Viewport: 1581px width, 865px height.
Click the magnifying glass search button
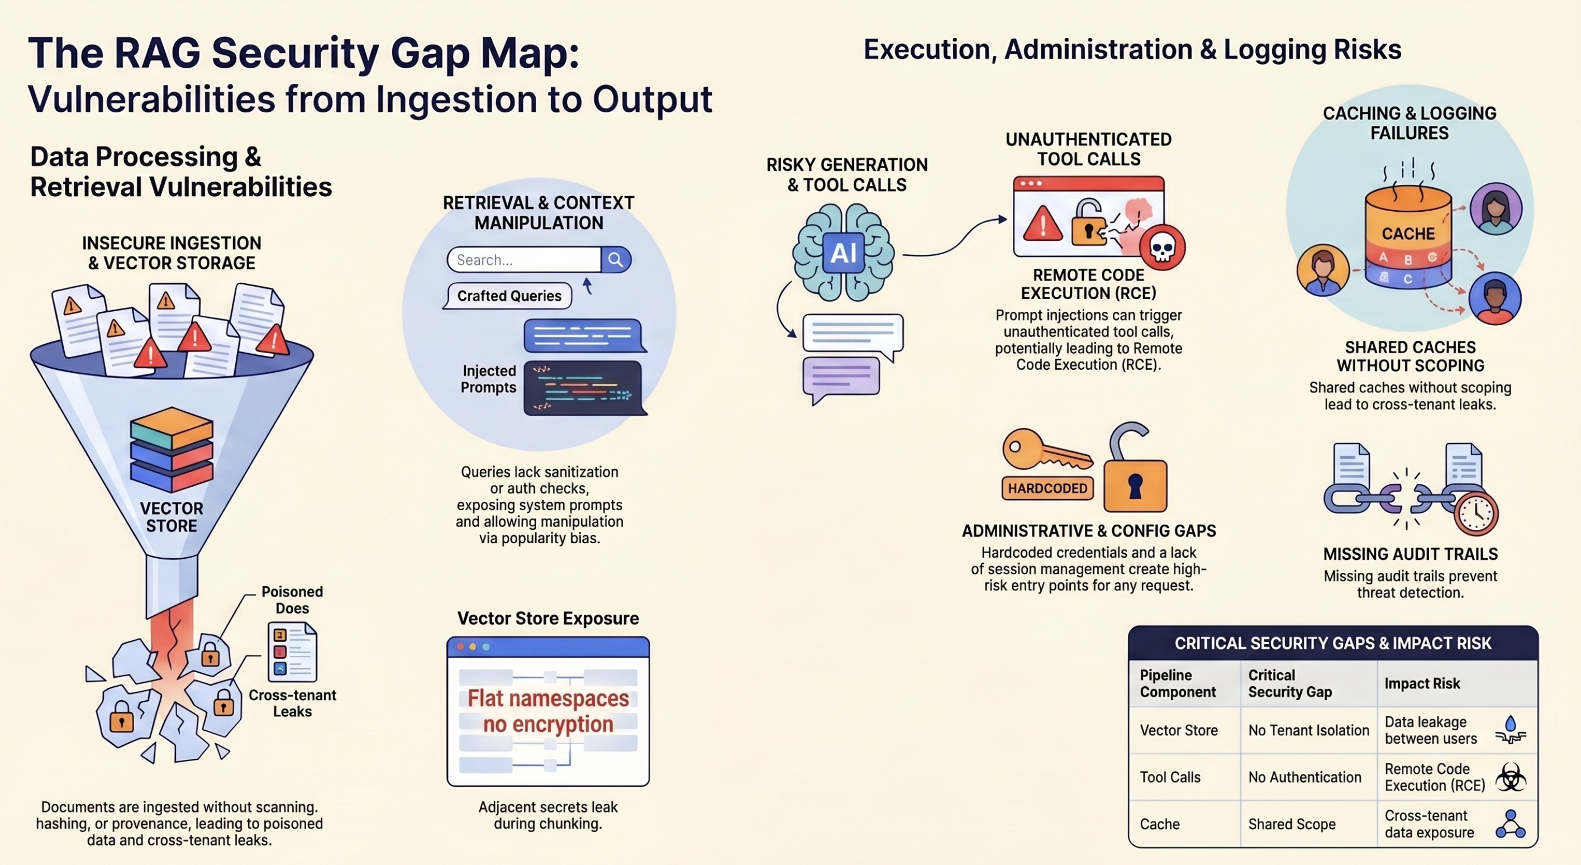[616, 260]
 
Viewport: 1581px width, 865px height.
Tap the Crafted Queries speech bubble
[509, 296]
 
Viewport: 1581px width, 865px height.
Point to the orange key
[1044, 451]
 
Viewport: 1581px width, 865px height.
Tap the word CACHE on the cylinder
[1408, 234]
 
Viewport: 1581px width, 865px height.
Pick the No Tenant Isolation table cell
[1308, 730]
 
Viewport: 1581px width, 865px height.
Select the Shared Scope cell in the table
[1292, 824]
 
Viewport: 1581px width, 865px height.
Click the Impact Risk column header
[1422, 684]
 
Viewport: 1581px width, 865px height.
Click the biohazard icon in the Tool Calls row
[1511, 778]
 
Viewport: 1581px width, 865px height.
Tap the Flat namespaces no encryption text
[548, 711]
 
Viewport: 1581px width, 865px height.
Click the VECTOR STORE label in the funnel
[172, 517]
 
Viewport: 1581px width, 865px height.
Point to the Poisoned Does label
[292, 600]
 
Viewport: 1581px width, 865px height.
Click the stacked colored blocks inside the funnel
[172, 449]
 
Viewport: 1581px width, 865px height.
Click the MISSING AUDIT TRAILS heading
[1409, 554]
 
